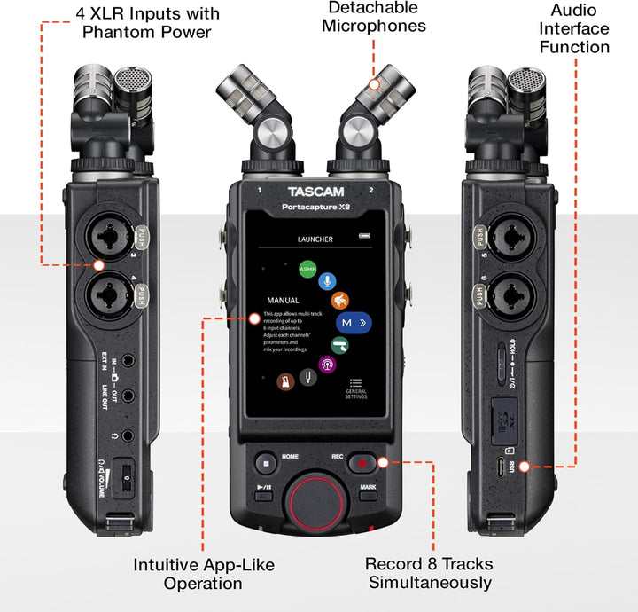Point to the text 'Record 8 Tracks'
[429, 563]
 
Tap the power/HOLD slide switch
[505, 361]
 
